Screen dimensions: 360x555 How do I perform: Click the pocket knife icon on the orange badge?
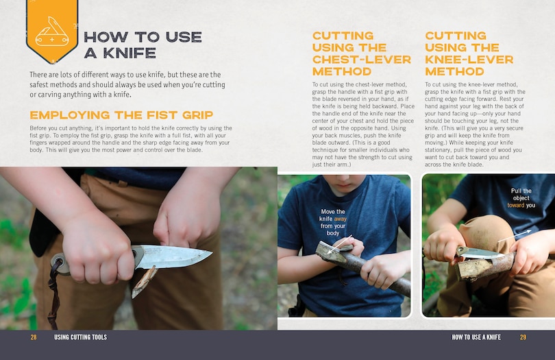coord(51,31)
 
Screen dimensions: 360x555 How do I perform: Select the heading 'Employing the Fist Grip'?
coord(121,115)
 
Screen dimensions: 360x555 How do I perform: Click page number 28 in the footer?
coord(34,337)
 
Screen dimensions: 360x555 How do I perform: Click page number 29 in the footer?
coord(523,337)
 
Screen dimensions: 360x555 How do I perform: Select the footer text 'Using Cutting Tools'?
coord(80,337)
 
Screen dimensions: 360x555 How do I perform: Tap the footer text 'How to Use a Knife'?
coord(476,337)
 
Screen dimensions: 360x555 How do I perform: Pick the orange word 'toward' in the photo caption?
coord(516,205)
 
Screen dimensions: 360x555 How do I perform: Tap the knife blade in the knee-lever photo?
coord(481,253)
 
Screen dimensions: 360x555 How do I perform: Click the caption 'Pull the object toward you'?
coord(521,198)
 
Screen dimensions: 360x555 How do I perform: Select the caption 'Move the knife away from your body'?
coord(332,222)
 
